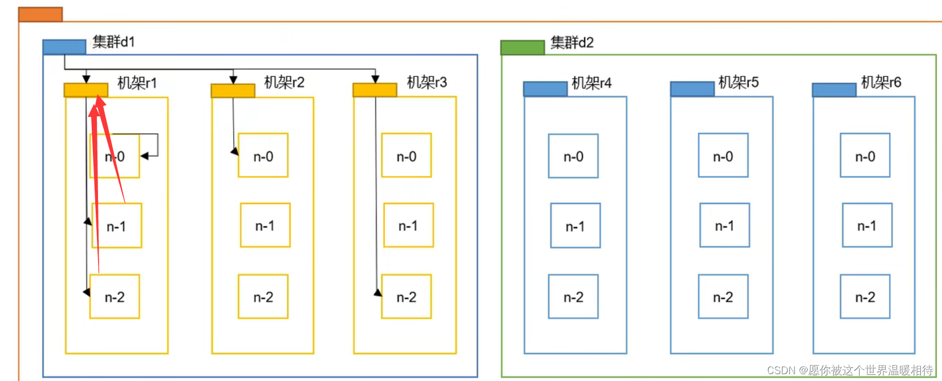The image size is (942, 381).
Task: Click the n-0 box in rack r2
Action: (x=263, y=156)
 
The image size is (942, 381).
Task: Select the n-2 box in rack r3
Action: (x=406, y=297)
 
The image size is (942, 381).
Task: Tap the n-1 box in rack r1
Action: (x=117, y=226)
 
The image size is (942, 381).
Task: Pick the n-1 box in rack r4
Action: (x=576, y=226)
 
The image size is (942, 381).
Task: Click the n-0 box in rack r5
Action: (x=723, y=156)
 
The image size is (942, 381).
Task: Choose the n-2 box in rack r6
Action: (x=865, y=297)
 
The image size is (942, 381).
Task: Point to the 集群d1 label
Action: (x=113, y=42)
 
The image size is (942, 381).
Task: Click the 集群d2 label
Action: (x=572, y=43)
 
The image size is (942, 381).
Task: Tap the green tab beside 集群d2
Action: (x=523, y=47)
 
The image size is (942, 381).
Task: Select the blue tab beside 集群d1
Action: (x=64, y=47)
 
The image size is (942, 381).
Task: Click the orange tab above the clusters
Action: (x=40, y=14)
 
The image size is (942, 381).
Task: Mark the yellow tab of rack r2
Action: (x=233, y=91)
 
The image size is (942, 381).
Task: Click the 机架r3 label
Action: (x=427, y=83)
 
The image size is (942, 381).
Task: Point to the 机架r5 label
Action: (x=739, y=83)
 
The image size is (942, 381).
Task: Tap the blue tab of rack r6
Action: (x=834, y=90)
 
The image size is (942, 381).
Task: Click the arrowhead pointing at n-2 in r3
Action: (x=378, y=293)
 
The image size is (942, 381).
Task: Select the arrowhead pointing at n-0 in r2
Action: (x=234, y=152)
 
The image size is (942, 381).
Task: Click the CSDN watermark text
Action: (x=850, y=371)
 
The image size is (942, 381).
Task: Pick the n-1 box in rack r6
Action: (x=867, y=226)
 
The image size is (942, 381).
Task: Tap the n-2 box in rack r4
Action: (x=573, y=297)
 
